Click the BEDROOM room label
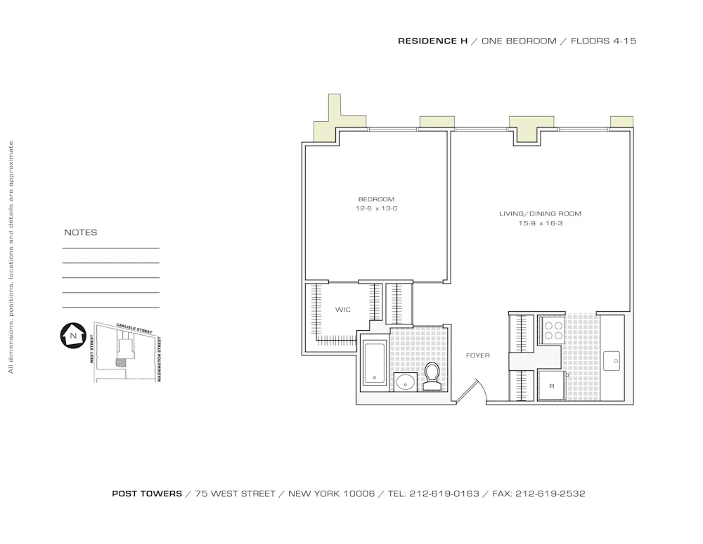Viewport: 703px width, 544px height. point(376,199)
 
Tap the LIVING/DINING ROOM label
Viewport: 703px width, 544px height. point(540,214)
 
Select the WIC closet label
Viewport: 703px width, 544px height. point(342,310)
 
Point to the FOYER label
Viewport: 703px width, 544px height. point(477,355)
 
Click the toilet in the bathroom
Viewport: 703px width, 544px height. point(432,375)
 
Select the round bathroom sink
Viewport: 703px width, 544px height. point(405,382)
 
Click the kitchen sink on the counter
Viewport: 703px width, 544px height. point(612,361)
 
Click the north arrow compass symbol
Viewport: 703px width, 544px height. point(72,336)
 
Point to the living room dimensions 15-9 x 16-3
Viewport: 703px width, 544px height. point(540,224)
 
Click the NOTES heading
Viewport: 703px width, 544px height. point(81,233)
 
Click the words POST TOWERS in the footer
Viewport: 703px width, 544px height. point(147,494)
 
